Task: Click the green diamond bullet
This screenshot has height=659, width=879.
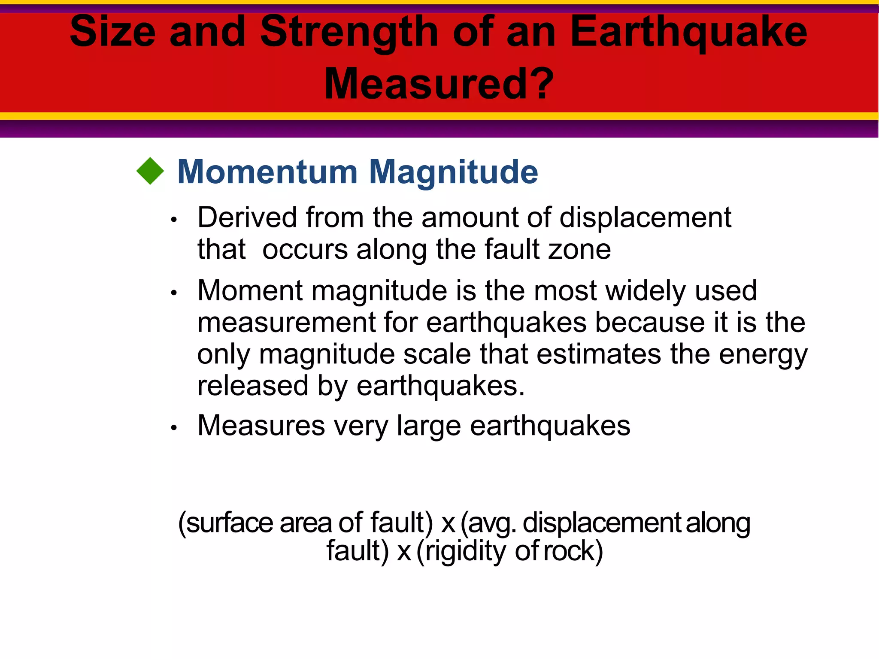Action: tap(150, 171)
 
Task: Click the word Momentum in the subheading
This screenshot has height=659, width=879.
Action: tap(267, 172)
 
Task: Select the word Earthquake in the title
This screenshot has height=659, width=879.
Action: tap(688, 33)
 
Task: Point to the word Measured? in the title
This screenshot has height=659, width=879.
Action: tap(439, 84)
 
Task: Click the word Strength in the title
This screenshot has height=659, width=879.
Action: tap(349, 33)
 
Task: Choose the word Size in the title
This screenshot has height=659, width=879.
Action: tap(112, 33)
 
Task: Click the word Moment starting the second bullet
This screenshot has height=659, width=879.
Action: tap(250, 290)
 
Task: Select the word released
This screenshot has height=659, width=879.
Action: tap(253, 386)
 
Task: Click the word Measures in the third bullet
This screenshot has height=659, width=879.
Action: tap(261, 426)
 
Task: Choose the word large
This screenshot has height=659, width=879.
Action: tap(429, 426)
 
